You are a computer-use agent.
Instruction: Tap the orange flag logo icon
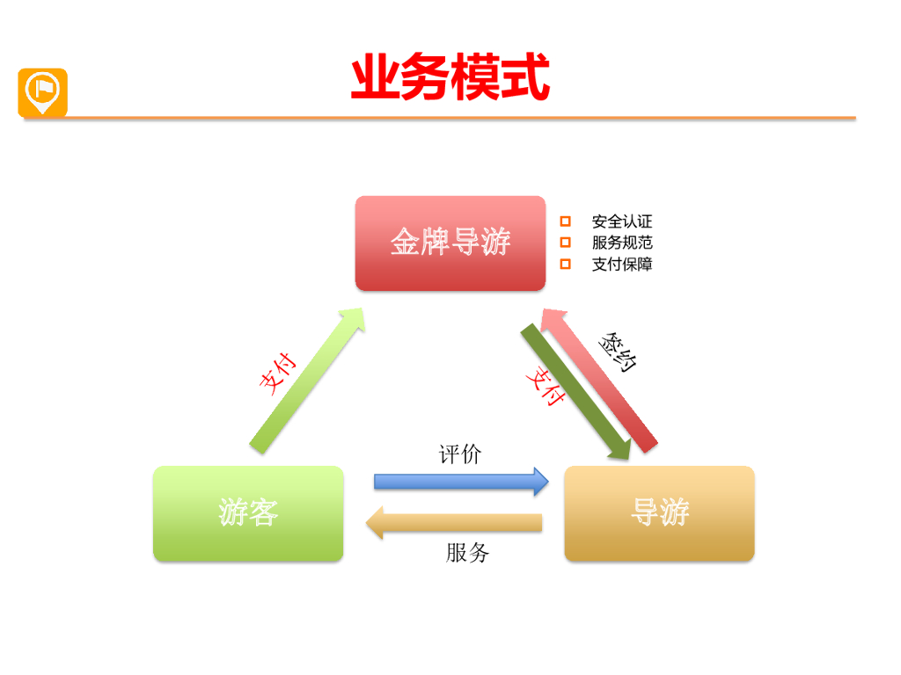[x=42, y=91]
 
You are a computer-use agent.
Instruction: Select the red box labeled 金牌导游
[x=450, y=243]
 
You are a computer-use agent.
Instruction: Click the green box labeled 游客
[x=248, y=513]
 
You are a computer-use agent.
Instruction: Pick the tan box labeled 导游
[x=659, y=513]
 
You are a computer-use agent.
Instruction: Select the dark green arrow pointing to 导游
[x=576, y=392]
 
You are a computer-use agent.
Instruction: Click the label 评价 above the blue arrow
[x=460, y=454]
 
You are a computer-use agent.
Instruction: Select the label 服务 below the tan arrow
[x=466, y=553]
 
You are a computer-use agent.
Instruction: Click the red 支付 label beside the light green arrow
[x=277, y=373]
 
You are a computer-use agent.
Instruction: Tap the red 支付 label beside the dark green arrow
[x=545, y=386]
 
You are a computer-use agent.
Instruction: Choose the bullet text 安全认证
[x=622, y=222]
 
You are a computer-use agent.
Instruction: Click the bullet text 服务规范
[x=622, y=243]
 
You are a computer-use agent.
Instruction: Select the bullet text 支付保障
[x=622, y=264]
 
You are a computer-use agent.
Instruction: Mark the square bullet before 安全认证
[x=566, y=221]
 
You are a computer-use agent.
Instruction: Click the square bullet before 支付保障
[x=566, y=264]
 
